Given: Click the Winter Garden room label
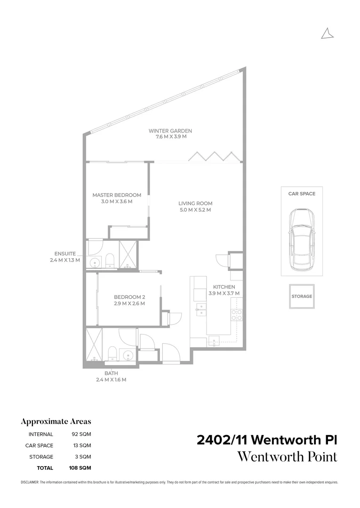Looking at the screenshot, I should [x=170, y=131].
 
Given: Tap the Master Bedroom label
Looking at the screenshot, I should [x=117, y=195].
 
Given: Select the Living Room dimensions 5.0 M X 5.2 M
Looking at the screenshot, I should [x=195, y=210].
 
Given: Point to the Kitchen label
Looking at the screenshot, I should [x=224, y=287].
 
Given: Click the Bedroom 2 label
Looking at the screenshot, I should [x=129, y=297].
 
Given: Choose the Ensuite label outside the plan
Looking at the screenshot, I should [x=65, y=254].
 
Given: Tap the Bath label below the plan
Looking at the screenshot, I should [x=112, y=373].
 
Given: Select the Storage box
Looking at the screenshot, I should [x=302, y=296].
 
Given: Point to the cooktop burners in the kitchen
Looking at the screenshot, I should [x=236, y=314].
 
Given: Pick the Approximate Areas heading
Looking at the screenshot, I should [x=56, y=421].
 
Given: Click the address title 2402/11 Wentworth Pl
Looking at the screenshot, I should [x=267, y=440].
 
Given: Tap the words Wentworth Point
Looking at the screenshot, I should [x=287, y=457].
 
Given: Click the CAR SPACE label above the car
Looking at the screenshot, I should [x=302, y=193].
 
